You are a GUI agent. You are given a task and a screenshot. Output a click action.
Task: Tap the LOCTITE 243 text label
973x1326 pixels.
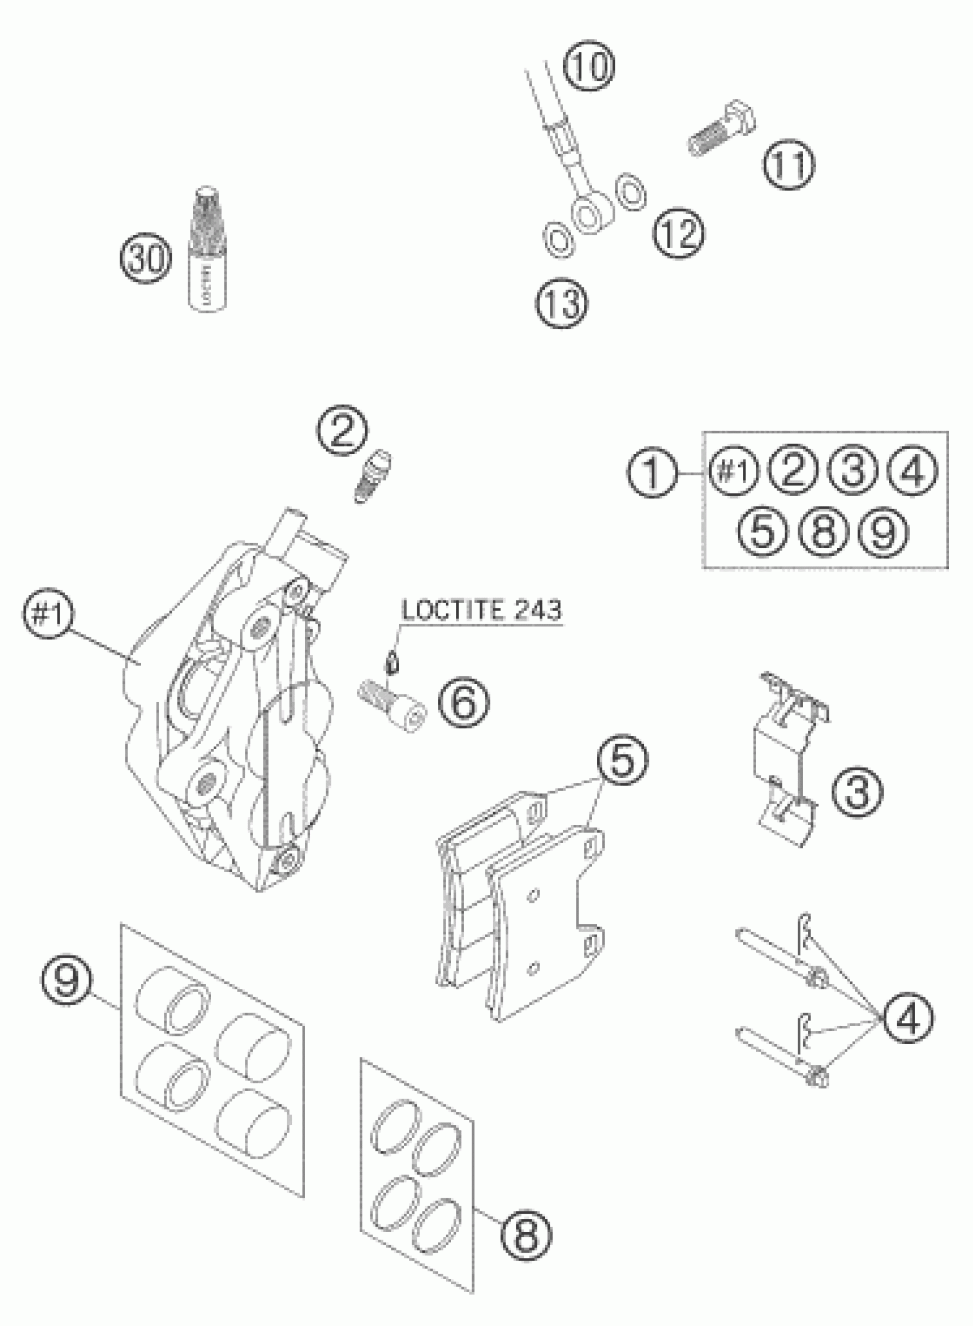pos(481,610)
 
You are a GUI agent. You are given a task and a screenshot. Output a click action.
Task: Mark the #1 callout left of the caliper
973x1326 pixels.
pos(48,615)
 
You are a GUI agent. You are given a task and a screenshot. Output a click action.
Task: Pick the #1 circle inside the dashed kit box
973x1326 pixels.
pos(734,472)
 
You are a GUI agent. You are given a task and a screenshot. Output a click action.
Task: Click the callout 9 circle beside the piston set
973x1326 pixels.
pos(66,980)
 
